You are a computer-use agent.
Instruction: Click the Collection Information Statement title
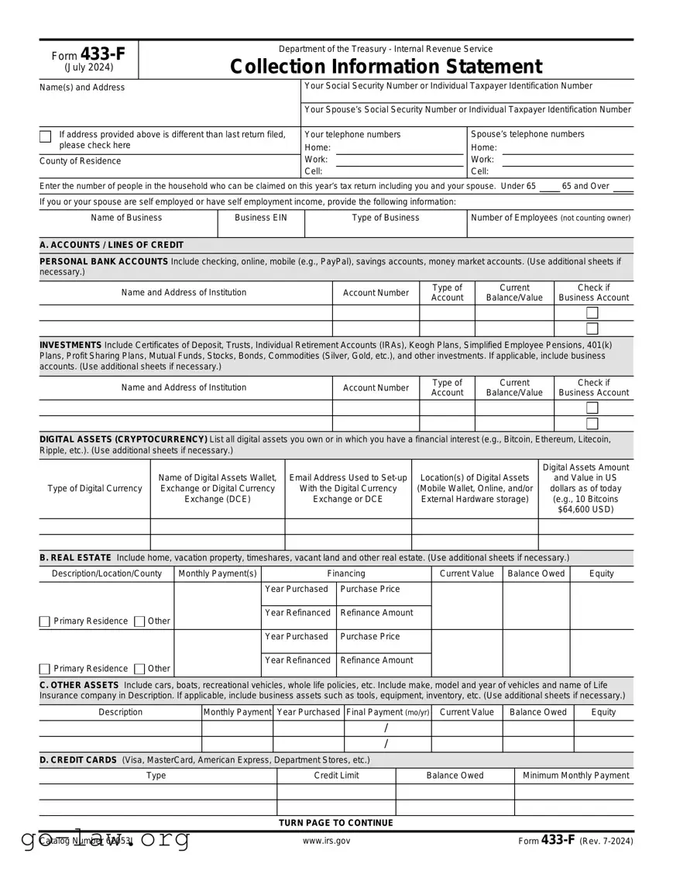click(x=386, y=67)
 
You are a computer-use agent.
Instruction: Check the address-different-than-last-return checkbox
click(x=46, y=137)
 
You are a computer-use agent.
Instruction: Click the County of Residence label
click(x=80, y=161)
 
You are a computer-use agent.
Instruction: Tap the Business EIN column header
click(x=260, y=218)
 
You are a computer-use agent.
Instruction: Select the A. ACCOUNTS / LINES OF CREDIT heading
click(x=112, y=245)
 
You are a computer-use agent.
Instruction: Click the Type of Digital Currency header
click(x=94, y=488)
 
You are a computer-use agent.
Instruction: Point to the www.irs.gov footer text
click(x=326, y=841)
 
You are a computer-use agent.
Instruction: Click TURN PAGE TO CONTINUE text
click(x=335, y=823)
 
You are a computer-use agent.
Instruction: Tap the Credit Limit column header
click(x=336, y=776)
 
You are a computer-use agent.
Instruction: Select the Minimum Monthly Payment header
click(x=575, y=776)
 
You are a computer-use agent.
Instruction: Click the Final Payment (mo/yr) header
click(x=387, y=712)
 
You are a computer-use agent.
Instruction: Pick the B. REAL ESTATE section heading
click(x=75, y=558)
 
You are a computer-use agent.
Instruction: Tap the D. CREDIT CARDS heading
click(x=78, y=760)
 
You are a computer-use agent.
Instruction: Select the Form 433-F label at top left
click(x=88, y=54)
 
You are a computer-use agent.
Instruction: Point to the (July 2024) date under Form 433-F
click(x=88, y=67)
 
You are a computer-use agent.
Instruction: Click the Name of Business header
click(x=126, y=218)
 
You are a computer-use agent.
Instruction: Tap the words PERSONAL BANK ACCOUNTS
click(x=103, y=262)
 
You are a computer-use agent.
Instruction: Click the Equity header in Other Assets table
click(x=603, y=712)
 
